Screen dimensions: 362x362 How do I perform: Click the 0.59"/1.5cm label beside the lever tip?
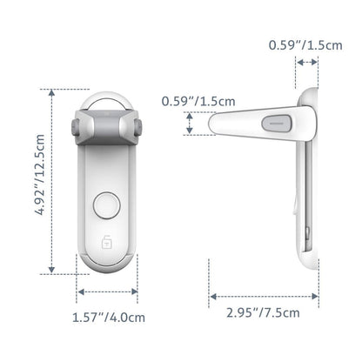pyautogui.click(x=198, y=101)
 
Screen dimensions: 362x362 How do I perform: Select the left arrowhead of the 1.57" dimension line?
pyautogui.click(x=81, y=292)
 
